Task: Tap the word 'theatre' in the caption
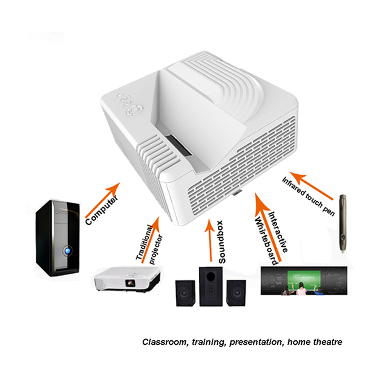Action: (328, 342)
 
